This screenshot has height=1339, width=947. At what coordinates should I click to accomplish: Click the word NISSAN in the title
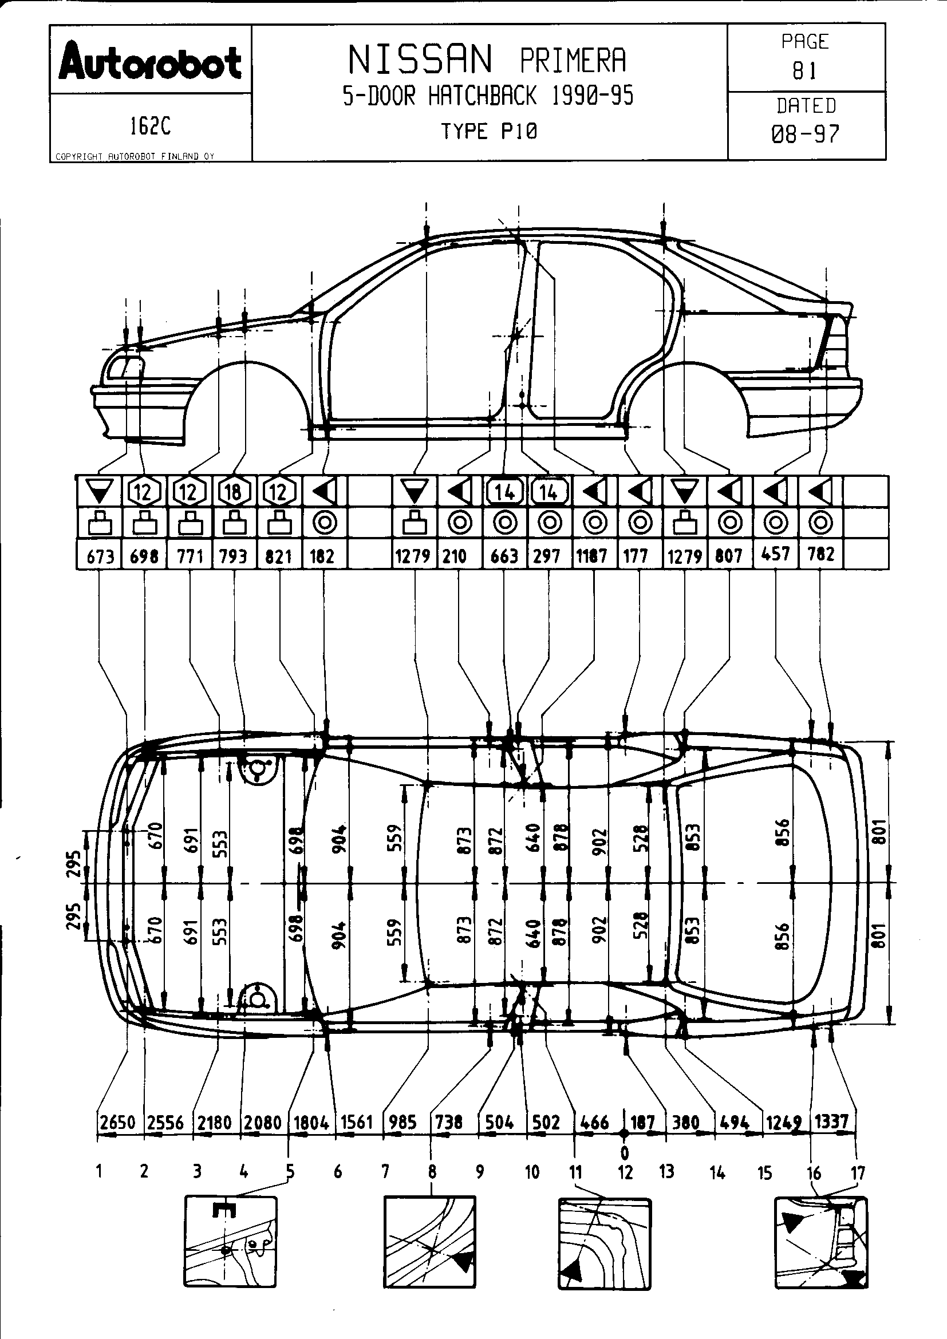coord(420,60)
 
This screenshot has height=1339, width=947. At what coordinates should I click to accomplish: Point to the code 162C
coord(150,126)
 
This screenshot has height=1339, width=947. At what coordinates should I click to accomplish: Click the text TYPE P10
coord(488,131)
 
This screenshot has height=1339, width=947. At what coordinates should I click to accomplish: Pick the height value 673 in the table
coord(100,556)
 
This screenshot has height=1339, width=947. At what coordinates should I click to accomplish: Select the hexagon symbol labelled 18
coord(233,492)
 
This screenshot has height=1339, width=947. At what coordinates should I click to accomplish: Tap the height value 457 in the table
coord(775,554)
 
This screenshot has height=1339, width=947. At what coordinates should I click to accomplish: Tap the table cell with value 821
coord(278,556)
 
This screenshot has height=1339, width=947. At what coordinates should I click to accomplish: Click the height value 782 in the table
coord(820,554)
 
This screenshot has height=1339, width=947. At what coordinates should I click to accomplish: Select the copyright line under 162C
coord(135,156)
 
